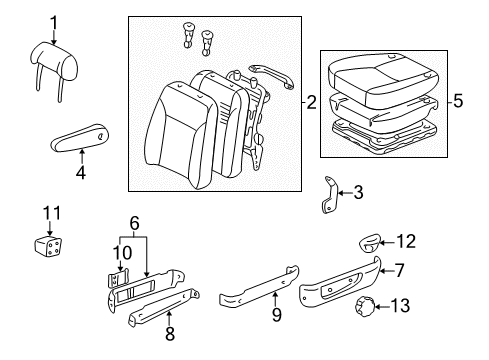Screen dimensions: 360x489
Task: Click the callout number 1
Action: coord(55,22)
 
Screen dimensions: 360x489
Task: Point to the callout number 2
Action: coord(311,102)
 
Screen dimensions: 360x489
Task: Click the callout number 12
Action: coord(404,240)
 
